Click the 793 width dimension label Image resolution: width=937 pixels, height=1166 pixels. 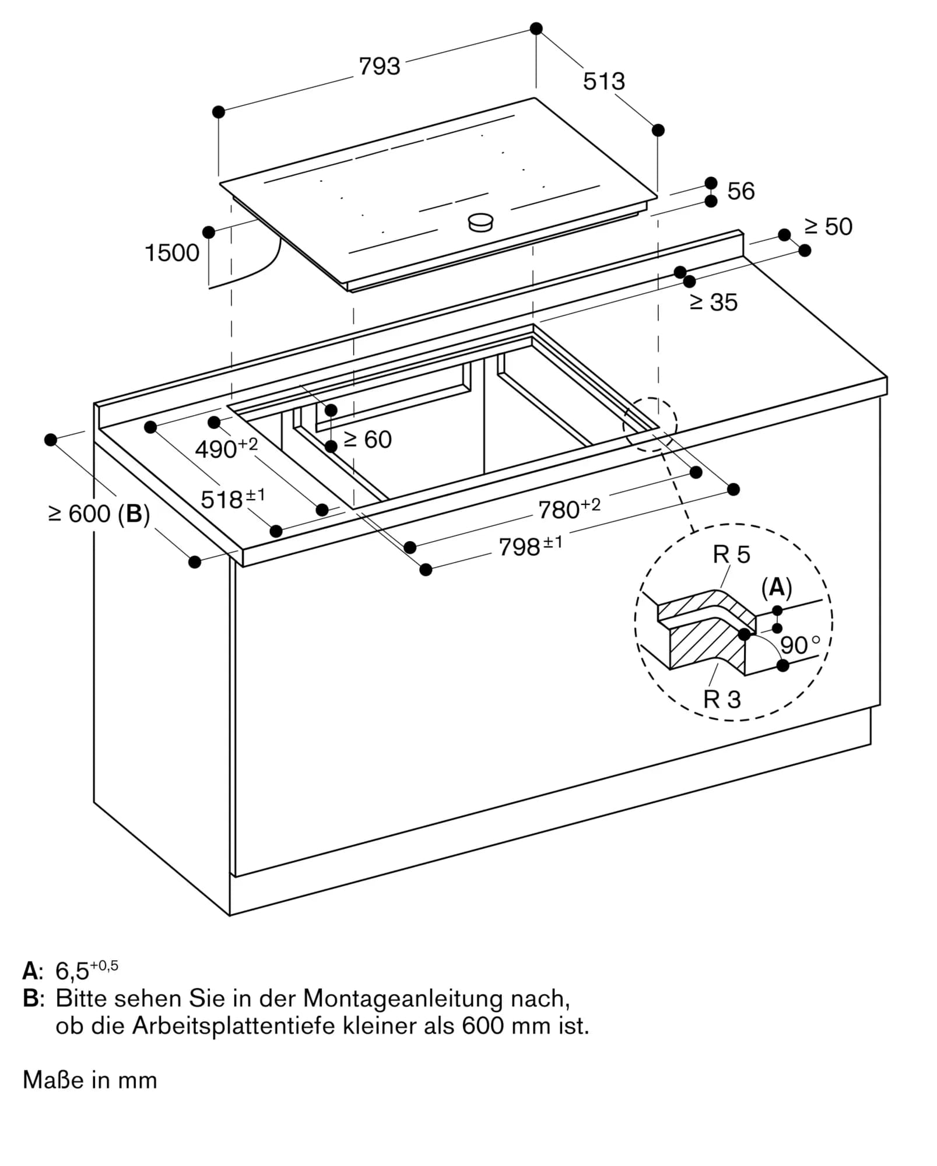(x=379, y=66)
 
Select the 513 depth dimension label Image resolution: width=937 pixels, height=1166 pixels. (x=603, y=81)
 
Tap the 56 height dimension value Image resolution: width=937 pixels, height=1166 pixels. (x=741, y=191)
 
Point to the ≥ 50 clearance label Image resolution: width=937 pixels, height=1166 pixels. (x=828, y=227)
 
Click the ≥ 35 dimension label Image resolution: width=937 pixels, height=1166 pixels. (x=714, y=302)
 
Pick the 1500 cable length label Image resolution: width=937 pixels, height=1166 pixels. (x=172, y=253)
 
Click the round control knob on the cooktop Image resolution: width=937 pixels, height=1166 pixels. (x=481, y=222)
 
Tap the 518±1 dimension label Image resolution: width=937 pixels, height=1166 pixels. (x=232, y=499)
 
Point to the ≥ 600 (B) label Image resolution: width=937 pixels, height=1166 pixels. (x=99, y=514)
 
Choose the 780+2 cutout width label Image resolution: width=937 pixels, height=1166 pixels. (x=568, y=508)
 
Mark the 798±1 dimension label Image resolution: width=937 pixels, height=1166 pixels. (x=530, y=546)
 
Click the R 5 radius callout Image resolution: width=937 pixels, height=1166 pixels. (x=731, y=554)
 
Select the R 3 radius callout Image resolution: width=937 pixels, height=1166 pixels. (x=722, y=699)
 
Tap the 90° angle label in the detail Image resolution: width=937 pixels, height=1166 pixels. (x=799, y=645)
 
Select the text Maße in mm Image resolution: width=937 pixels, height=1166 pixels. (x=90, y=1080)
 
